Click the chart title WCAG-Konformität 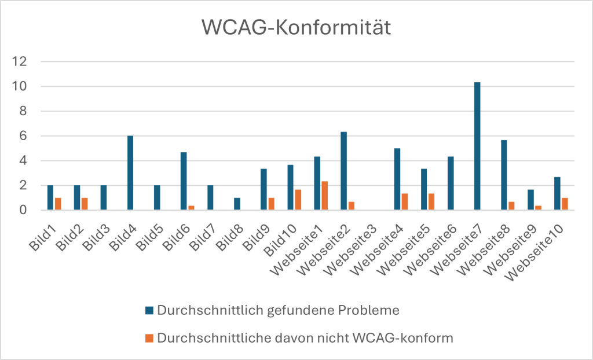click(x=296, y=28)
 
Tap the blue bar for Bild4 click(x=130, y=172)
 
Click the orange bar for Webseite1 click(x=324, y=196)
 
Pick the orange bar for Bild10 click(x=298, y=200)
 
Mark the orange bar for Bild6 click(x=191, y=208)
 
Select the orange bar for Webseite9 click(x=538, y=208)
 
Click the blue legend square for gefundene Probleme click(x=149, y=311)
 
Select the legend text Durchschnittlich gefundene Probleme click(x=278, y=311)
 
